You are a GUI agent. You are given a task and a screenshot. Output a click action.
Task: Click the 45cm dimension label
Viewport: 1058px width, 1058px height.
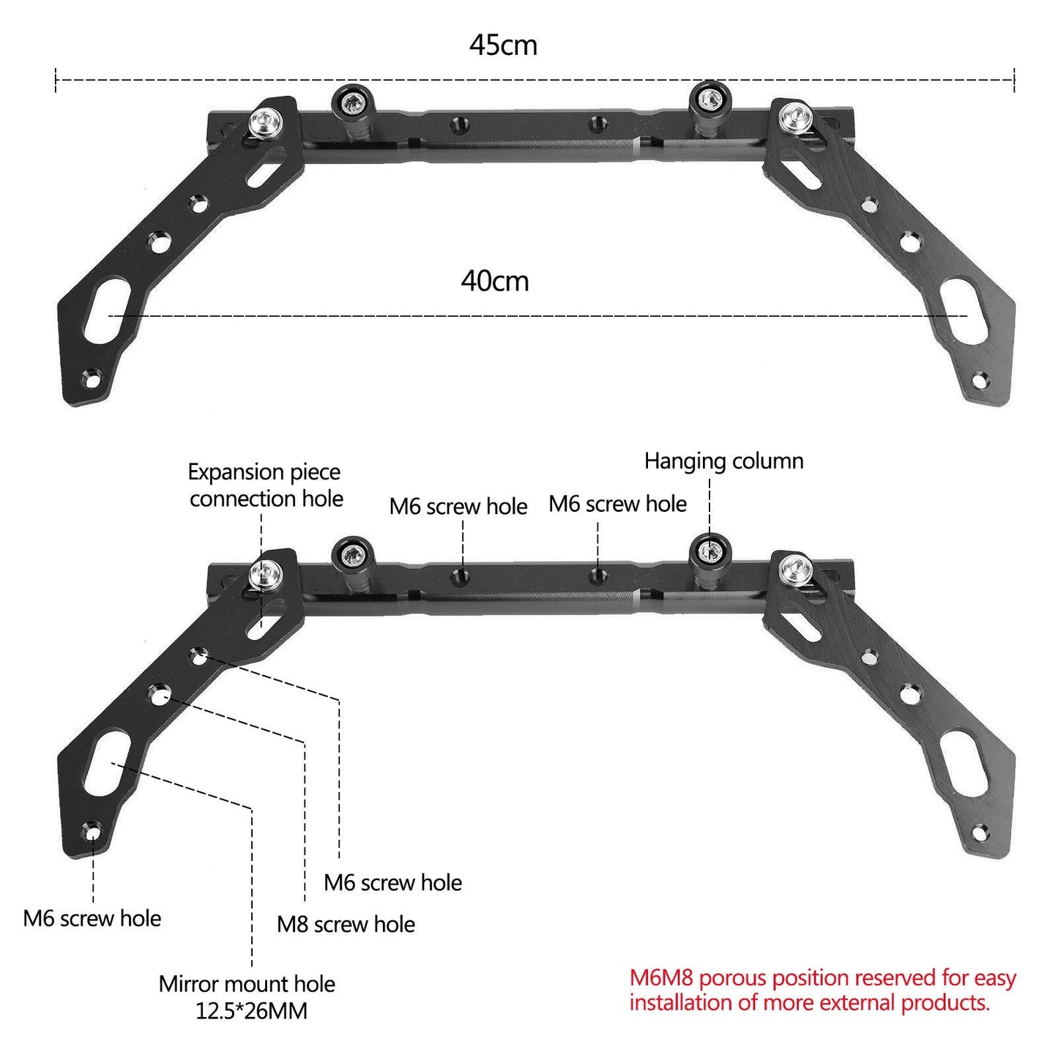point(503,45)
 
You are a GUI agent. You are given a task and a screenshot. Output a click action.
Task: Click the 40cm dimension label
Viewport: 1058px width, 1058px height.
point(495,281)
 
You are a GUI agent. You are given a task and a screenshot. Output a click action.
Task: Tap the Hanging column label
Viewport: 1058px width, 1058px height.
point(723,461)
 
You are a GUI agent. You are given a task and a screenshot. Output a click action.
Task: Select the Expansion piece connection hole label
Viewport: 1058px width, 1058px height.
point(265,485)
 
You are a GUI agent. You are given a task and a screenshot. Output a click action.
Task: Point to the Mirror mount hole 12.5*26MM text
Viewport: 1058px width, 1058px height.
point(247,996)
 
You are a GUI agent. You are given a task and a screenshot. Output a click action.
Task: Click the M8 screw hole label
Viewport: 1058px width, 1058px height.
point(346,924)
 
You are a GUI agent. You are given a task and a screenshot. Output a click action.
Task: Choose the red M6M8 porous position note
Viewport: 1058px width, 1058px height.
point(822,990)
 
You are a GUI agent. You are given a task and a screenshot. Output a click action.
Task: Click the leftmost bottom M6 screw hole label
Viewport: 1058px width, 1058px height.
point(92,918)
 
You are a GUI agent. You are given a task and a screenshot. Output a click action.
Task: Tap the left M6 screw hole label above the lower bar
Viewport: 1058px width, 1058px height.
point(458,506)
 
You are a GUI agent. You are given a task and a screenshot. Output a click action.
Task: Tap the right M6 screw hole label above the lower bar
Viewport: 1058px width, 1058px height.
point(617,504)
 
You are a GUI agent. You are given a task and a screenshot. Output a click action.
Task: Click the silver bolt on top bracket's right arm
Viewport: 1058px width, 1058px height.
point(792,116)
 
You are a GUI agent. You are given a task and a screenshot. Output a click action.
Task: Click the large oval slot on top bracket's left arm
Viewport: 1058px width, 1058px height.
point(108,311)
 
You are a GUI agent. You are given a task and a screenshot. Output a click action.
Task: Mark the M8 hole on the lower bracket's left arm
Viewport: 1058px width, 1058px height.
point(159,693)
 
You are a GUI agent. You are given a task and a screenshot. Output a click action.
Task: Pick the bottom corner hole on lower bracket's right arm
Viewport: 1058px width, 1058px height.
point(978,832)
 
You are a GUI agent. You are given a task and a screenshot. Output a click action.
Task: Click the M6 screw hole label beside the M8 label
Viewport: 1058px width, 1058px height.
point(392,882)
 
